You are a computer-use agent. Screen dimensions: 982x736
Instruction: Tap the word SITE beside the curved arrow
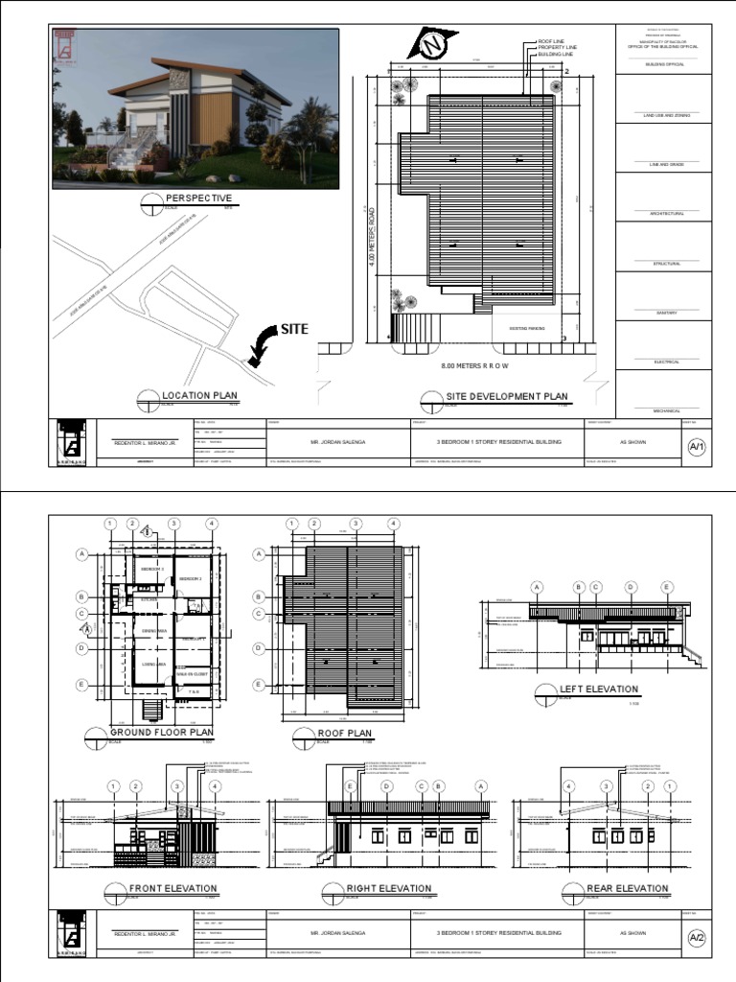pyautogui.click(x=294, y=329)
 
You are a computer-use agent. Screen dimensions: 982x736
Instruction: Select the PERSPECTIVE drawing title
pyautogui.click(x=198, y=199)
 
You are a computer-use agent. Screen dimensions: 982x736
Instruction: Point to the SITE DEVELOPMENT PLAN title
pyautogui.click(x=507, y=396)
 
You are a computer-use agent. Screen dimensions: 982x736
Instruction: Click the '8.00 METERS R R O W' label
pyautogui.click(x=474, y=366)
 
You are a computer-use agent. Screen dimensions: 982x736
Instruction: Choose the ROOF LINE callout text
pyautogui.click(x=552, y=41)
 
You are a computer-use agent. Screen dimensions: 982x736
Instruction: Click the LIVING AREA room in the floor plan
pyautogui.click(x=154, y=664)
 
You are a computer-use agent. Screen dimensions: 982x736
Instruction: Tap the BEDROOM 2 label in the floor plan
pyautogui.click(x=191, y=579)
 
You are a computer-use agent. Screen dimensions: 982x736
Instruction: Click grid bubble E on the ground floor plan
pyautogui.click(x=82, y=685)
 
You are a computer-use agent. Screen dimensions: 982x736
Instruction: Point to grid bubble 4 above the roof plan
pyautogui.click(x=393, y=524)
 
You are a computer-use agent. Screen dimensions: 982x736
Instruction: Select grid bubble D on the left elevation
pyautogui.click(x=632, y=587)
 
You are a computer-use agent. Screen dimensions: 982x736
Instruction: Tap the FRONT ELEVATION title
pyautogui.click(x=172, y=889)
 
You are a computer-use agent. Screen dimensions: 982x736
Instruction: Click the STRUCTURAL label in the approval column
pyautogui.click(x=666, y=263)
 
